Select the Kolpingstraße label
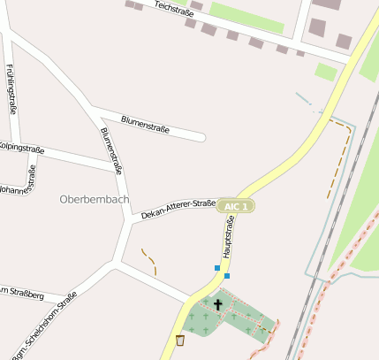21,148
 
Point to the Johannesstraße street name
18,188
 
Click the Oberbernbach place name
94,199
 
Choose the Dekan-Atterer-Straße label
178,208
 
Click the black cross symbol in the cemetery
218,305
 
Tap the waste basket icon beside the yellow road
180,340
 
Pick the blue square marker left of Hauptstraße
217,267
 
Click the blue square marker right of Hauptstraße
227,276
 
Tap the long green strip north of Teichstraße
248,18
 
